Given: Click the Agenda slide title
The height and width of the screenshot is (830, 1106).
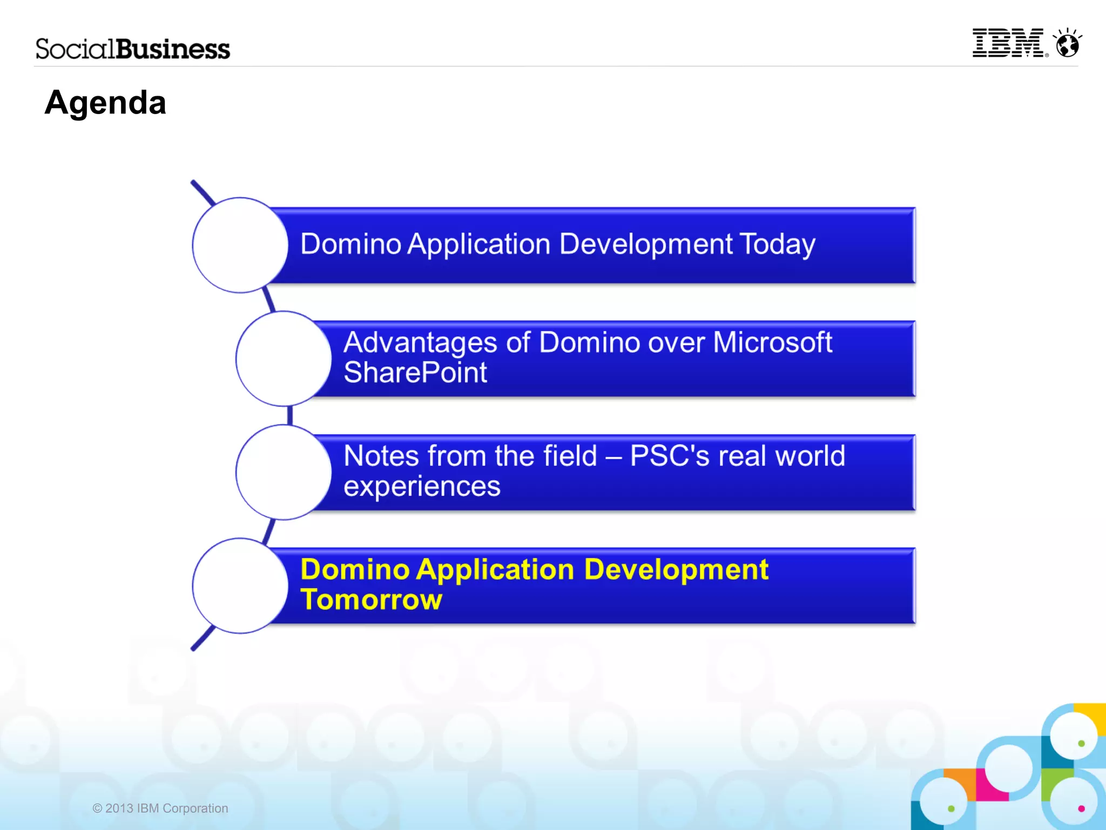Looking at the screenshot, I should pyautogui.click(x=105, y=103).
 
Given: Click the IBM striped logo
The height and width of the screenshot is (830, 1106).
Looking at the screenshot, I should pyautogui.click(x=1008, y=43).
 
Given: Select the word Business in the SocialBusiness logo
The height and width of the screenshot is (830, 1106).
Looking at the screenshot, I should pyautogui.click(x=173, y=49).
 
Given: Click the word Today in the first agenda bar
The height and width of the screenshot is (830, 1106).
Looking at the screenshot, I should pyautogui.click(x=777, y=244).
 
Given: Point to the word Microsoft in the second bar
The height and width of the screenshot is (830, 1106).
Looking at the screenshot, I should pyautogui.click(x=772, y=342).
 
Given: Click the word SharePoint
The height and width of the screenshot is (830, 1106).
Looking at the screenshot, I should pyautogui.click(x=415, y=373).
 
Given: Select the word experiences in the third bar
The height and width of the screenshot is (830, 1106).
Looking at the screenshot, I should pyautogui.click(x=422, y=486).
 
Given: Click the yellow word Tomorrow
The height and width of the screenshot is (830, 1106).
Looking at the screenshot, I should pyautogui.click(x=371, y=599).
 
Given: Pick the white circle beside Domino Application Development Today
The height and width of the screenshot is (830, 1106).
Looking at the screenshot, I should pyautogui.click(x=240, y=245).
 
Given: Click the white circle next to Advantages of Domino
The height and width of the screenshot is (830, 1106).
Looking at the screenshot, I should pyautogui.click(x=283, y=359).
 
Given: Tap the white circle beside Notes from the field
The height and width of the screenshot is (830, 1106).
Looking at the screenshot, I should pyautogui.click(x=283, y=472).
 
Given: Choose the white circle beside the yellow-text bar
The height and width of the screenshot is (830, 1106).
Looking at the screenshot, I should pyautogui.click(x=240, y=585).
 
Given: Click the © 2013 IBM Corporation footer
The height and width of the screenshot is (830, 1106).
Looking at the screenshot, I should pyautogui.click(x=160, y=808).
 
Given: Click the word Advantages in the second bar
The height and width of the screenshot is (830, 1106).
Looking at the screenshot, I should pyautogui.click(x=420, y=342).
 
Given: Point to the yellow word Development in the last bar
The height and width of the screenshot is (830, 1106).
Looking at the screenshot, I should pyautogui.click(x=676, y=570).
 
